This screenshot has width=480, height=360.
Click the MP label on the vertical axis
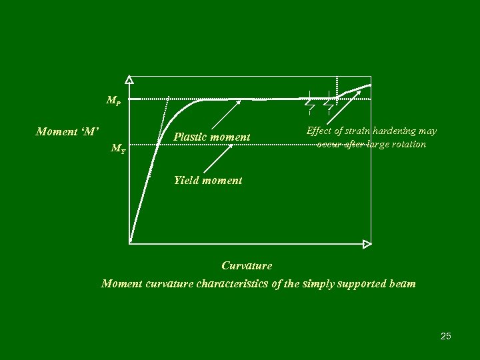(x=113, y=101)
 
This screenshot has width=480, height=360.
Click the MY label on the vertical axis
(x=118, y=149)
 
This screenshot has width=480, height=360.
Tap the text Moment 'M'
(x=67, y=131)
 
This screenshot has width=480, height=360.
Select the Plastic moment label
(x=212, y=137)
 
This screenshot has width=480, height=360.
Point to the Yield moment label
(x=208, y=179)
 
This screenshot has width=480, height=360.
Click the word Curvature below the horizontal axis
(x=247, y=265)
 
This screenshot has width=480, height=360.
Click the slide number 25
(x=445, y=336)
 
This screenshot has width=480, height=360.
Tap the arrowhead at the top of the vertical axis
(x=129, y=79)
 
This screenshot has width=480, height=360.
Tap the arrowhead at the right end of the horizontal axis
(x=367, y=243)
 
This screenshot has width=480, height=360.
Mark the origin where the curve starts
(x=131, y=243)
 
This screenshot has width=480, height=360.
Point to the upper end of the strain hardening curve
(x=370, y=85)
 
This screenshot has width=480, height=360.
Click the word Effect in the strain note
(x=319, y=131)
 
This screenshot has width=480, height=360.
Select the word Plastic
(x=189, y=137)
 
